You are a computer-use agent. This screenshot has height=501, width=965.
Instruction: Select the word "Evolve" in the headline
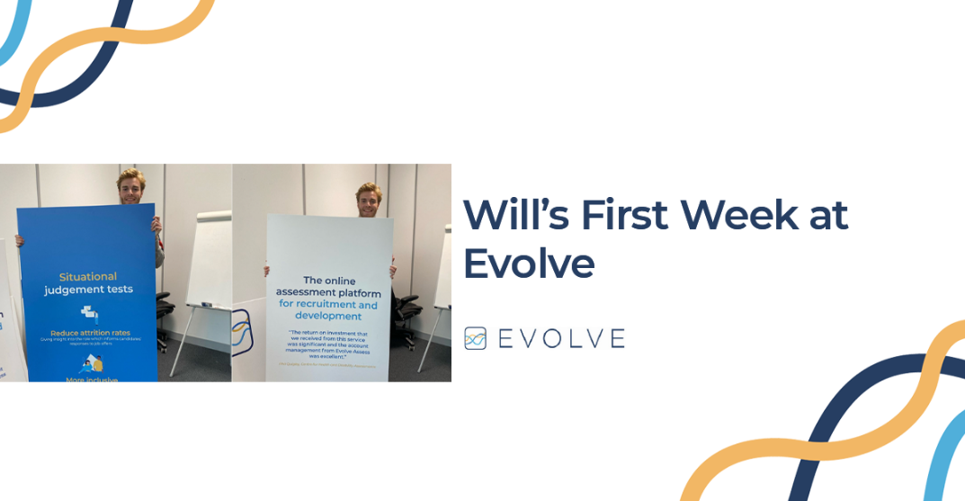pos(529,264)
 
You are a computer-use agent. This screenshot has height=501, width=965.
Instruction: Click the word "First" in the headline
pos(623,215)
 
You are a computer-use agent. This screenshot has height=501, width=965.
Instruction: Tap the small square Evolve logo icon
pos(475,338)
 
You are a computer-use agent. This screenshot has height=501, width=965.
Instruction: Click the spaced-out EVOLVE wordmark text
pos(561,339)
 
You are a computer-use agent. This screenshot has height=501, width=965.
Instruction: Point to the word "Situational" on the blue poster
pos(88,276)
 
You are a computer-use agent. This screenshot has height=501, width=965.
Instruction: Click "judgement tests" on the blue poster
pos(88,290)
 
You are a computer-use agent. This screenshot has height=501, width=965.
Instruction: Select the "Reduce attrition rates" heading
pos(90,332)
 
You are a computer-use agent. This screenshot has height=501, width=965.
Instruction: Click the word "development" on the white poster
pos(329,317)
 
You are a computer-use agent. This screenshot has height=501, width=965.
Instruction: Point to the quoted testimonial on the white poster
pos(329,345)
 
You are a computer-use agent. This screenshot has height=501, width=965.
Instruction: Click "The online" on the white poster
pos(329,280)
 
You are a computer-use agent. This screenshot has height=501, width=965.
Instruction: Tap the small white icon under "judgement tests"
pos(89,313)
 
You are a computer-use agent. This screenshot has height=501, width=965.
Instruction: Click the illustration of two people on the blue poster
pos(90,363)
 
